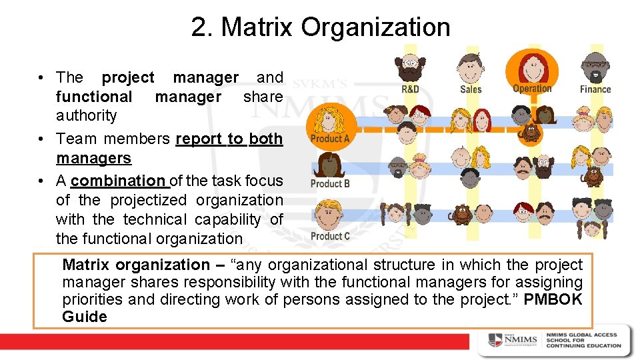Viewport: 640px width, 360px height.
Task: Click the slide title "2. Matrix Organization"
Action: pyautogui.click(x=320, y=27)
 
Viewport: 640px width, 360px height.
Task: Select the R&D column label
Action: pyautogui.click(x=410, y=89)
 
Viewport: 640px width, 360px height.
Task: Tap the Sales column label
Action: pyautogui.click(x=471, y=89)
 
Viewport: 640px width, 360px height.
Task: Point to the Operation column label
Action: pyautogui.click(x=532, y=88)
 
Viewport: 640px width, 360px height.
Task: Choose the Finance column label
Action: pyautogui.click(x=595, y=89)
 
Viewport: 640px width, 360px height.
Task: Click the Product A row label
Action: pyautogui.click(x=330, y=139)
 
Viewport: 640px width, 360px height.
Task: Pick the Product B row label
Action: pyautogui.click(x=330, y=183)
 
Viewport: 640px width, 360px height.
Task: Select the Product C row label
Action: pyautogui.click(x=330, y=236)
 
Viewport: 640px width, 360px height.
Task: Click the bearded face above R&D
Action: pyautogui.click(x=410, y=67)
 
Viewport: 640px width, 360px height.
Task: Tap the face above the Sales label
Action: pyautogui.click(x=471, y=67)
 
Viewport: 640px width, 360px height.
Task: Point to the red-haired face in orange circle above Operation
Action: pyautogui.click(x=532, y=65)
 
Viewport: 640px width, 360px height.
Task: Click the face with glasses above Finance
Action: pyautogui.click(x=594, y=67)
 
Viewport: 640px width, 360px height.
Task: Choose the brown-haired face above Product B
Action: pyautogui.click(x=329, y=165)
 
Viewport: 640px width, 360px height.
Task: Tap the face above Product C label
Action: pyautogui.click(x=329, y=215)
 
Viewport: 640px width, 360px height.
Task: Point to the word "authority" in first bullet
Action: pyautogui.click(x=86, y=115)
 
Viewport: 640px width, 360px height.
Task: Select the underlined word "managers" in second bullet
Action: pyautogui.click(x=93, y=158)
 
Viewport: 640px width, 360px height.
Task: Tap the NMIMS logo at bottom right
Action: pyautogui.click(x=513, y=340)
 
